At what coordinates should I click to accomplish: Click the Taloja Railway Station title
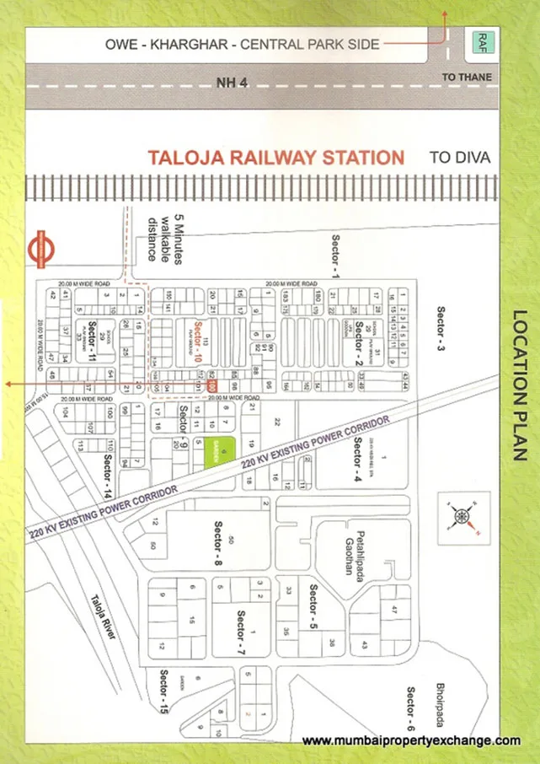(275, 157)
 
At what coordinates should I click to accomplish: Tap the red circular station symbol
(42, 248)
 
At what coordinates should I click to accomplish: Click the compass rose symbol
(460, 518)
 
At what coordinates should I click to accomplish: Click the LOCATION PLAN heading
(518, 385)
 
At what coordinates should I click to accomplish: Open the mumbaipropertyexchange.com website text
(411, 740)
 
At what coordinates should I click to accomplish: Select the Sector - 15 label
(163, 691)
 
